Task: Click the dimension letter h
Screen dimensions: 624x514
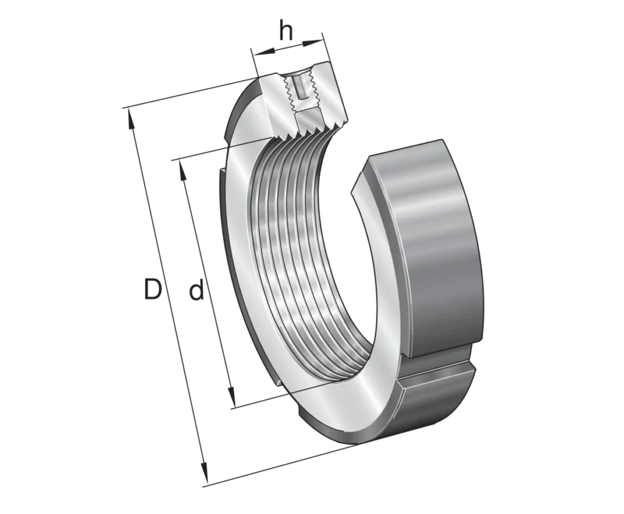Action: point(286,31)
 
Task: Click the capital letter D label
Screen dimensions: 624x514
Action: point(153,290)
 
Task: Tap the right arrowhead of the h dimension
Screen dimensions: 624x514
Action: point(313,42)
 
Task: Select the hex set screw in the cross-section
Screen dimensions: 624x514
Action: point(300,88)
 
